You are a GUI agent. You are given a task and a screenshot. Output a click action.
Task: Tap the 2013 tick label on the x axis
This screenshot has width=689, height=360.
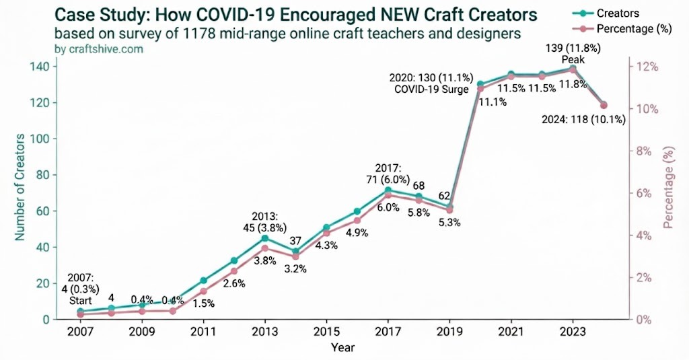coord(264,332)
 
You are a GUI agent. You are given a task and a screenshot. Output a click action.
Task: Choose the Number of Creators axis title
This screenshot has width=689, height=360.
coord(20,188)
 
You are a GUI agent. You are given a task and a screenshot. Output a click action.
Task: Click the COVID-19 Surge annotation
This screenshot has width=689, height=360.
coord(431,89)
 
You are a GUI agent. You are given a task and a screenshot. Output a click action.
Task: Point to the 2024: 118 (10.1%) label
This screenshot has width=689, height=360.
coord(583,120)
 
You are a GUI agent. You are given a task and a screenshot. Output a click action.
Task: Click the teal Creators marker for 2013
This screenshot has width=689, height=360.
coord(264,238)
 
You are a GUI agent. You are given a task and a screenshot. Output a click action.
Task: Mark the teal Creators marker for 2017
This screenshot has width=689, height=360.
coord(388,190)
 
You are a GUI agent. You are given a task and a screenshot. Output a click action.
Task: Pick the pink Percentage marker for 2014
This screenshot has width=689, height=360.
coord(295,256)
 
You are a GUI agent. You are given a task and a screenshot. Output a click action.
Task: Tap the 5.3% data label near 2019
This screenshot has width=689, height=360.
coord(449,223)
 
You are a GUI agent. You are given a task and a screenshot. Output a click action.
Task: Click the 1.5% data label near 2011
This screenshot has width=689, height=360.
coord(203,303)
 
